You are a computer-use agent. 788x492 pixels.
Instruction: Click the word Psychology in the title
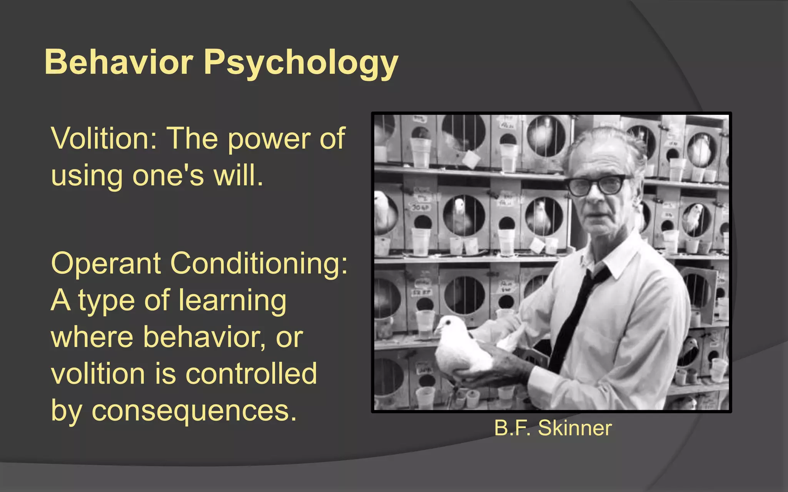tap(301, 63)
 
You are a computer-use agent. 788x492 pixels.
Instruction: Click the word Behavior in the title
tap(119, 62)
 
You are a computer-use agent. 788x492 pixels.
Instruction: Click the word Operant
tap(106, 264)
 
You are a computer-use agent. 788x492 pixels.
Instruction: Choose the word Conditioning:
tap(259, 264)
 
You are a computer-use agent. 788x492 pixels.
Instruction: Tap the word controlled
tap(251, 374)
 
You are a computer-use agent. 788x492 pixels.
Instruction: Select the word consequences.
tap(194, 411)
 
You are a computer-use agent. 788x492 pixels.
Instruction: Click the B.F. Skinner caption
tap(553, 428)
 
